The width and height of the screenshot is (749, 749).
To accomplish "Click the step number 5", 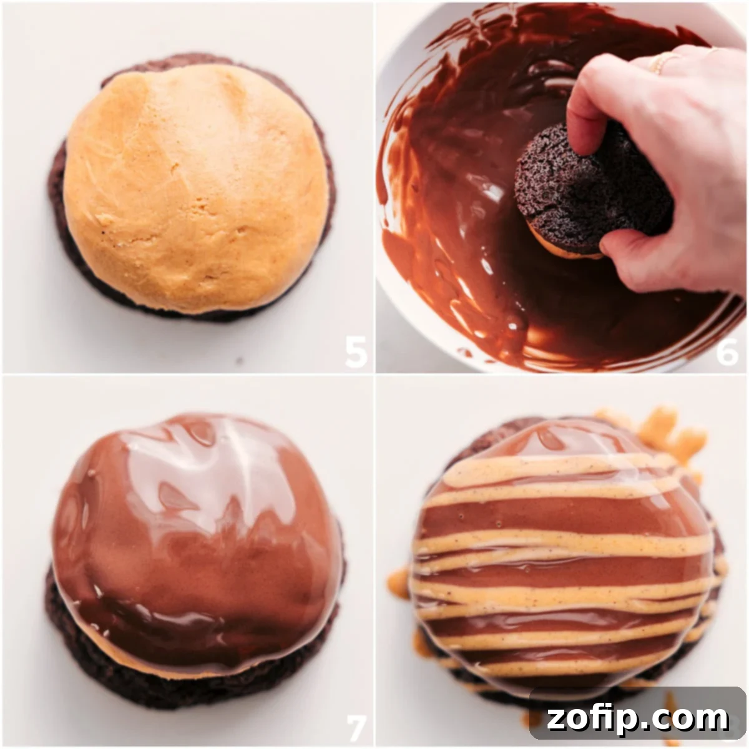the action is coord(356,352).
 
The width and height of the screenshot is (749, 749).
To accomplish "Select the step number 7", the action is coord(356,727).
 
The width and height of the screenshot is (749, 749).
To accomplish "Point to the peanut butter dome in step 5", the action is coord(195,188).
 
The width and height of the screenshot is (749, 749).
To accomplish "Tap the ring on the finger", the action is coord(661,62).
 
